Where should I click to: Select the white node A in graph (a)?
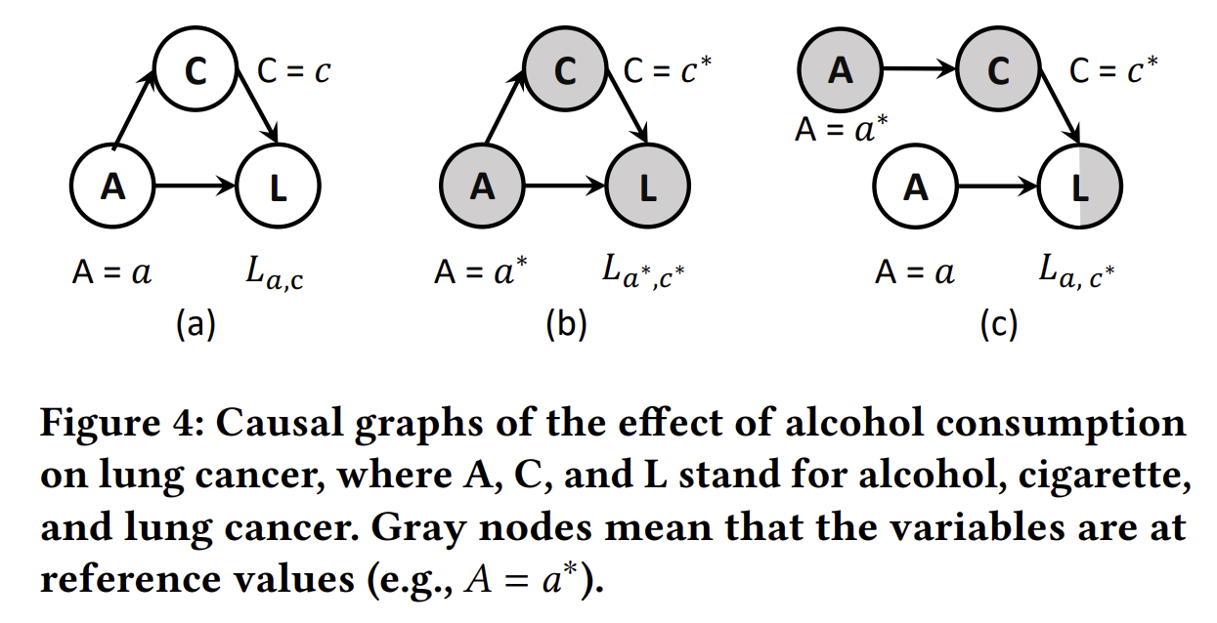tap(113, 186)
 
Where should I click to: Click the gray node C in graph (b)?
tap(566, 71)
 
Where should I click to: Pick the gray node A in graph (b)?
tap(483, 186)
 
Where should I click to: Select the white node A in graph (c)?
tap(916, 186)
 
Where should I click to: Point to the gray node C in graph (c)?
tap(998, 71)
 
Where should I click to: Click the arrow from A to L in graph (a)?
tap(196, 186)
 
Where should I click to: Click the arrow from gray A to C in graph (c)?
tap(919, 71)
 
